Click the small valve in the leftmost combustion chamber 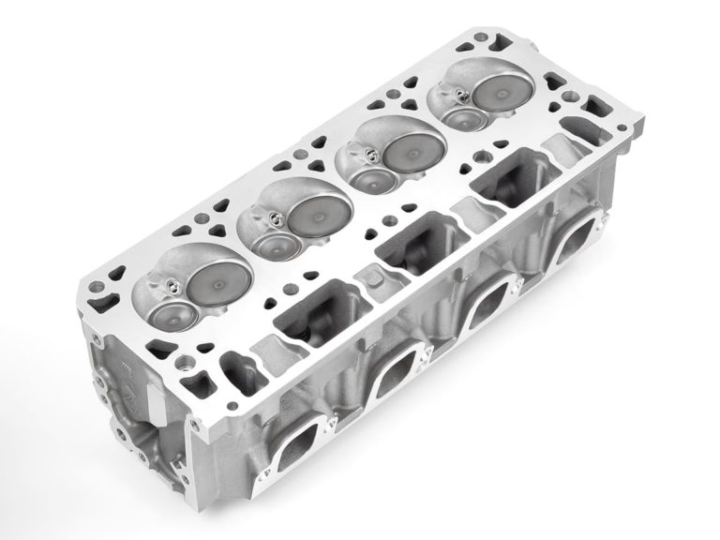169,314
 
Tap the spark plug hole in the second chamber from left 273,221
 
